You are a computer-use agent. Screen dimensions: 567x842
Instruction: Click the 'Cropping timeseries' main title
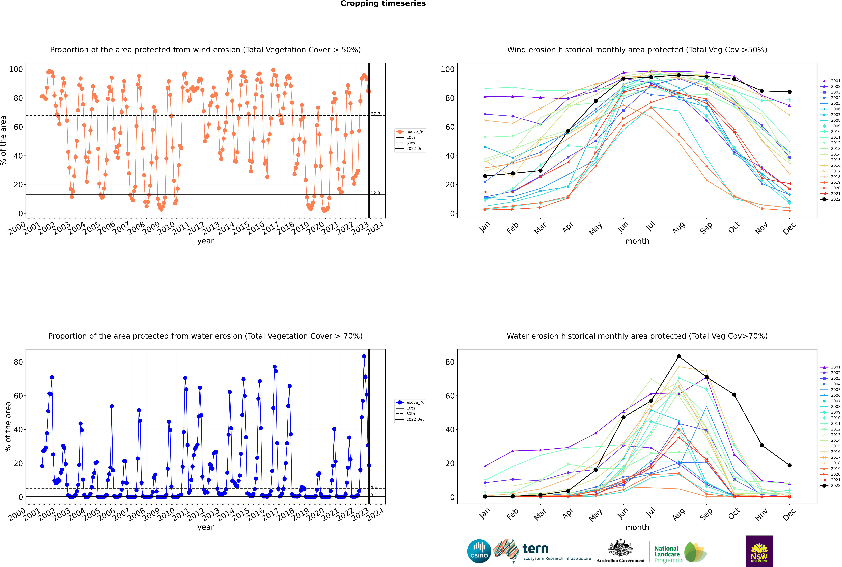383,4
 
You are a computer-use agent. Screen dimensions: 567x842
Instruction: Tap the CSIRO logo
479,551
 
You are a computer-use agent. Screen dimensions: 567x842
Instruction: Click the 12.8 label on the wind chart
375,193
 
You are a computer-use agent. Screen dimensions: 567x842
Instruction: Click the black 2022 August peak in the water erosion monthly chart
679,357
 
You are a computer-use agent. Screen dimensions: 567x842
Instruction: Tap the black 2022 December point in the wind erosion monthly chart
790,92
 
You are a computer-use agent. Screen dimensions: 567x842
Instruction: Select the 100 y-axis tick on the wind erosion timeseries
16,69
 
